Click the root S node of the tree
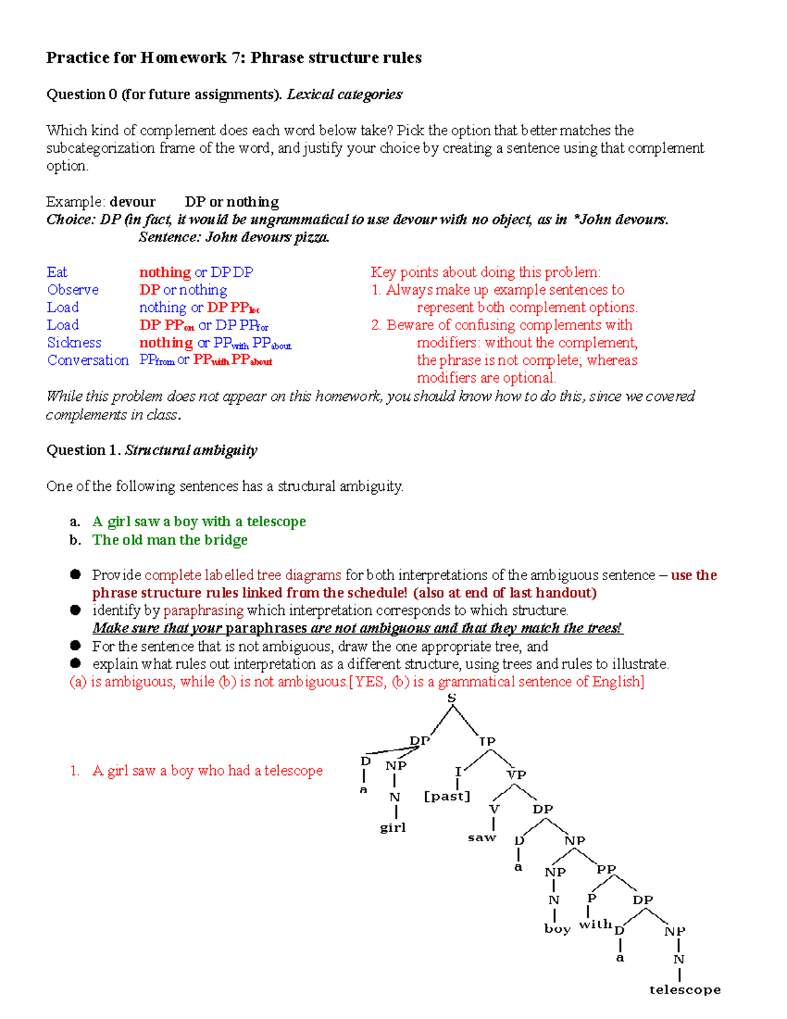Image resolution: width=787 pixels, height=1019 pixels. (451, 698)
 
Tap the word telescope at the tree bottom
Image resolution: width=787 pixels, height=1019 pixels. (685, 989)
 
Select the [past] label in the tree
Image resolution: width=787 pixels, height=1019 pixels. (447, 796)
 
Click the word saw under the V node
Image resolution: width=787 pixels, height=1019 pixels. (482, 838)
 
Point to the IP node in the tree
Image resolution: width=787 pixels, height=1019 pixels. (487, 741)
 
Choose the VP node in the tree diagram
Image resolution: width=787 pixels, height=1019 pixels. (517, 774)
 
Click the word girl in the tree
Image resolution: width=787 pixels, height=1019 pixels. (393, 827)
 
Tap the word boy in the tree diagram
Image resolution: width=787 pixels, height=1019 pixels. (557, 928)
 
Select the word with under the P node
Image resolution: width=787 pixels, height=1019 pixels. (595, 924)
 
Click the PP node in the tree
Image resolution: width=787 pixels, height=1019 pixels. (606, 869)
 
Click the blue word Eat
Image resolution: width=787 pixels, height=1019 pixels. (57, 272)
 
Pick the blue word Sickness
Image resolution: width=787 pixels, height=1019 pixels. (74, 343)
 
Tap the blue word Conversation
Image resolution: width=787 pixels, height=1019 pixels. (88, 360)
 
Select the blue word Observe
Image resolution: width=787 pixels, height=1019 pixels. (73, 290)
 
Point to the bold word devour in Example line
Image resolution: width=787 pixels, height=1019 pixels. (132, 202)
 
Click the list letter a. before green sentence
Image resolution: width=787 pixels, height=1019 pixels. (75, 522)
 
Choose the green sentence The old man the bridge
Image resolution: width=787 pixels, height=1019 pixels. (170, 540)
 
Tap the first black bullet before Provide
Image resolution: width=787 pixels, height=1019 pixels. (75, 575)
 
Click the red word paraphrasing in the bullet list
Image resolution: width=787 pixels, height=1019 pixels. (203, 611)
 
